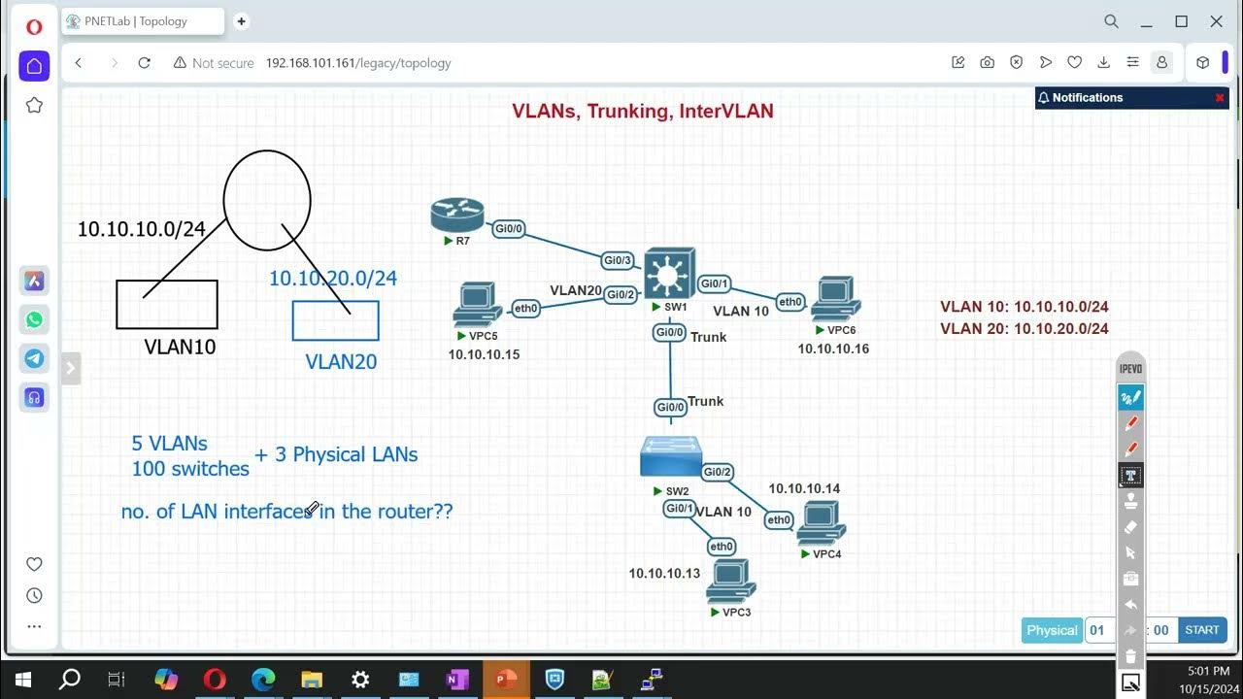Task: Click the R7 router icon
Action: coord(456,215)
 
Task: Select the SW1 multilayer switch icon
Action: coord(669,273)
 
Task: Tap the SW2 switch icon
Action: coord(671,457)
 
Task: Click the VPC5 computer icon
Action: coord(477,304)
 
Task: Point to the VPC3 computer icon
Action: coord(730,582)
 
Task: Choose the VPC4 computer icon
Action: coord(821,524)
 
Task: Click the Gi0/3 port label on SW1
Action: coord(618,260)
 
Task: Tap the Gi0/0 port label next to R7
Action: coord(509,229)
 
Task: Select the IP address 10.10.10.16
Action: coord(833,349)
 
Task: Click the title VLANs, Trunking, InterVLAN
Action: coord(643,112)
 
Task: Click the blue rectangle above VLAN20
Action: coord(335,320)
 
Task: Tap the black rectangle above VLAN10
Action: coord(167,304)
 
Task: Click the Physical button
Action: coord(1052,630)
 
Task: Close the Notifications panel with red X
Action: coord(1220,98)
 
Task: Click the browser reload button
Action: coord(145,63)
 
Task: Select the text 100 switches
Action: coord(190,469)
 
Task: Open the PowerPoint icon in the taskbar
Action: coord(506,680)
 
